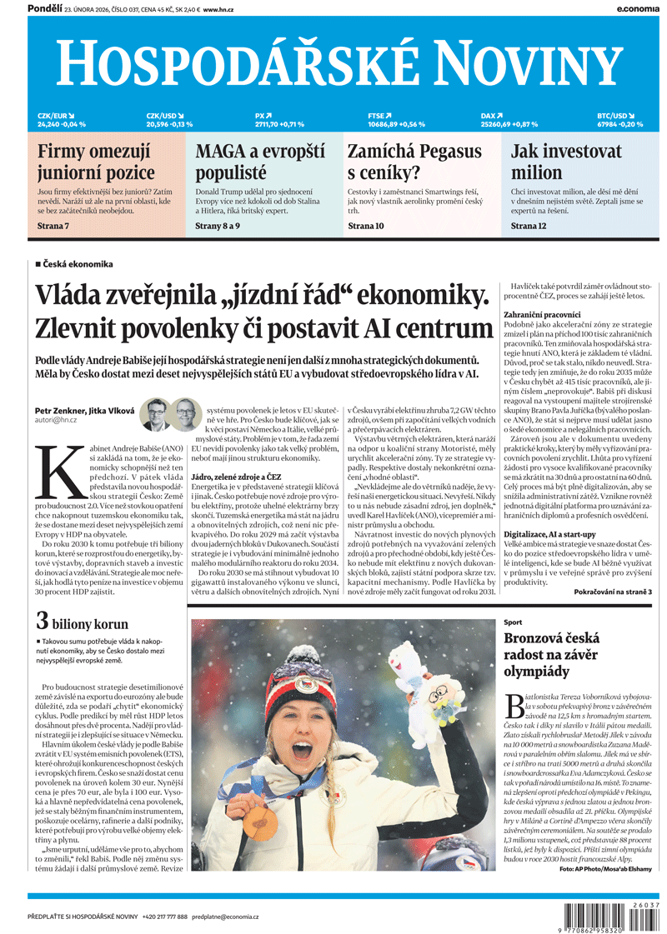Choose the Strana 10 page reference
click(365, 225)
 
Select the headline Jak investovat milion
click(566, 162)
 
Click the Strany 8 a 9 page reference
click(217, 225)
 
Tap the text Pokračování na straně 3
click(613, 591)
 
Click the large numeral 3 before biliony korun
click(41, 622)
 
